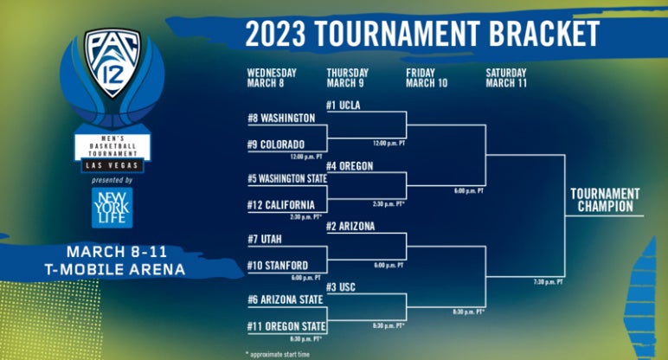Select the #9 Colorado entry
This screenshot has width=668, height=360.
coord(276,145)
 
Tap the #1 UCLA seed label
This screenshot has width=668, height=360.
coord(344,106)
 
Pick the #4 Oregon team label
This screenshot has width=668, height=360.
coord(350,166)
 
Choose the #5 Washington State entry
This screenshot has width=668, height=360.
coord(287,179)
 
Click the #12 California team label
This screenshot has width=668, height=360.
coord(280,205)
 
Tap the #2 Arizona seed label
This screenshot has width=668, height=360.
coord(350,226)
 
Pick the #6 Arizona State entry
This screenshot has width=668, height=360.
coord(285,299)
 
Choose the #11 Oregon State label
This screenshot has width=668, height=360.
coord(286,326)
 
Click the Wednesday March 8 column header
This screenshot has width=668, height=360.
coord(272,78)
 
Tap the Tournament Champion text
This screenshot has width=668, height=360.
coord(605,200)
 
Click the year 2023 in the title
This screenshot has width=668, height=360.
coord(276,34)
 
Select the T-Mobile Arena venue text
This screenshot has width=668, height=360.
coord(115,269)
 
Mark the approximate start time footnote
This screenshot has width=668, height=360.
coord(279,354)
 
